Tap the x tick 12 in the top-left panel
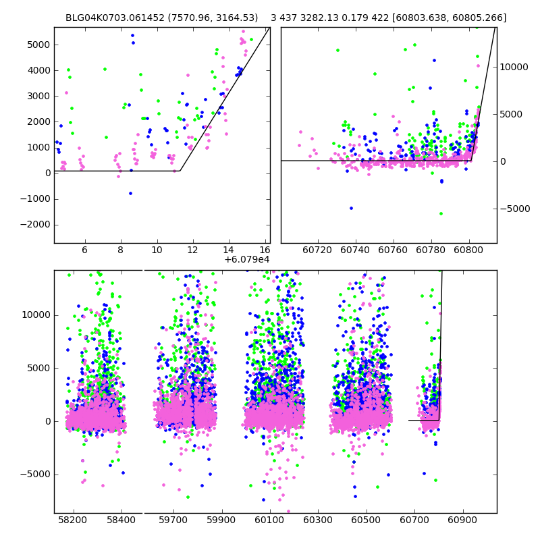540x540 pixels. coord(193,250)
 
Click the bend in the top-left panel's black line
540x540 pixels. coord(180,171)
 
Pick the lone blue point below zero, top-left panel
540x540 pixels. coord(131,193)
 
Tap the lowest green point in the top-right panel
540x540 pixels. coord(441,213)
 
